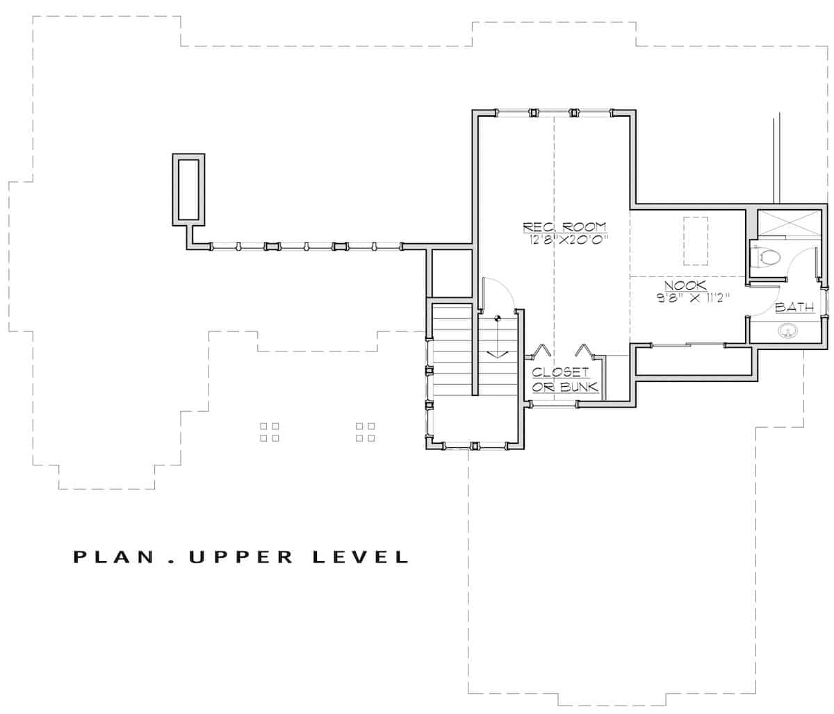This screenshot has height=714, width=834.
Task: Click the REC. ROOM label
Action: click(564, 227)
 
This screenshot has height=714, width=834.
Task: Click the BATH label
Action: click(794, 307)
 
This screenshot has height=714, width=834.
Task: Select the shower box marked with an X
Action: click(788, 224)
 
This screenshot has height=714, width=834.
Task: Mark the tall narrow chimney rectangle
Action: click(188, 189)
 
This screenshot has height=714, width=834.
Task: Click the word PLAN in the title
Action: click(111, 557)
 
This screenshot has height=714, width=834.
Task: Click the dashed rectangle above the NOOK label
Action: click(696, 240)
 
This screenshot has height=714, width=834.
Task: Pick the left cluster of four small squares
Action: click(270, 432)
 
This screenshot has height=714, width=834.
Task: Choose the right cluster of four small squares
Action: click(366, 432)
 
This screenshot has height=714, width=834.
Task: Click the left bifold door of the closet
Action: click(543, 350)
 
